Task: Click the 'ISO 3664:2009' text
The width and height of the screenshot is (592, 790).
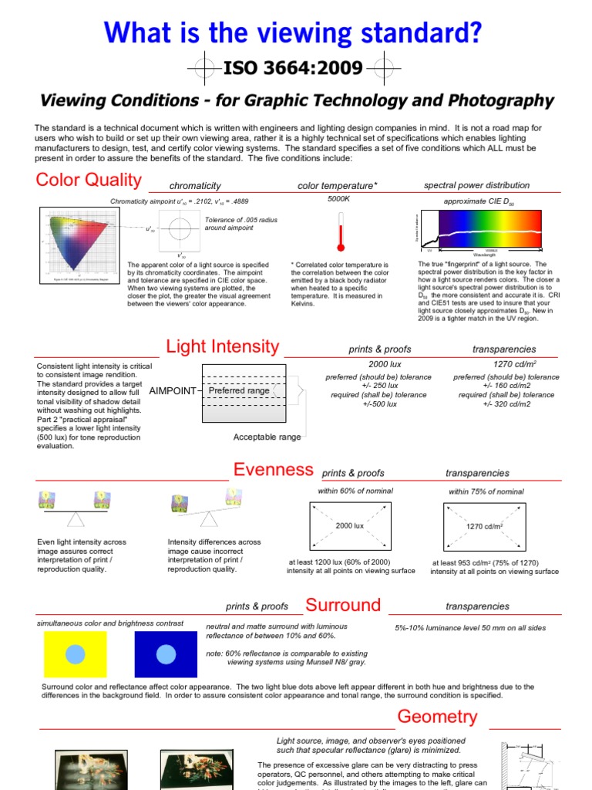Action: click(x=292, y=69)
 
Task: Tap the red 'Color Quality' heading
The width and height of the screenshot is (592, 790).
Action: click(x=89, y=180)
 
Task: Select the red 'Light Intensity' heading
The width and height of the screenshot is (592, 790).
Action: click(x=222, y=346)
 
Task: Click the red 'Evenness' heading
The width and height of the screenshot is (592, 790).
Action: click(x=274, y=470)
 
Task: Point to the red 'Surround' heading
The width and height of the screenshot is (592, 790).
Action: click(x=343, y=605)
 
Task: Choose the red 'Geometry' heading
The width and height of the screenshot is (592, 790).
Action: click(x=437, y=717)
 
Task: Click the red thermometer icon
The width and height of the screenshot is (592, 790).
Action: click(x=338, y=231)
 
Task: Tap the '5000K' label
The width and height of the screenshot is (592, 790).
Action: click(x=338, y=200)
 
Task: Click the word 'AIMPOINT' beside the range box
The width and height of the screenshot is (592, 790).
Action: click(x=173, y=391)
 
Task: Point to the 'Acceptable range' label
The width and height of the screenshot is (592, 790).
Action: click(x=267, y=437)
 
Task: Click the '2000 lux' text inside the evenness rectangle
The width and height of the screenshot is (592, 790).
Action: click(x=349, y=525)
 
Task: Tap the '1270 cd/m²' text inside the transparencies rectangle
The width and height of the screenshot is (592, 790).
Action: click(x=484, y=526)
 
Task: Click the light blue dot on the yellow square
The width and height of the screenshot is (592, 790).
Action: click(x=75, y=654)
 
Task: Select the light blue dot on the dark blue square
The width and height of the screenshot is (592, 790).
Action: click(x=166, y=654)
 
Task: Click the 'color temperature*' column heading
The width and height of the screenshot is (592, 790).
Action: click(x=338, y=186)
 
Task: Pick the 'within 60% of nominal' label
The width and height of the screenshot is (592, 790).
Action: click(x=355, y=491)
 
